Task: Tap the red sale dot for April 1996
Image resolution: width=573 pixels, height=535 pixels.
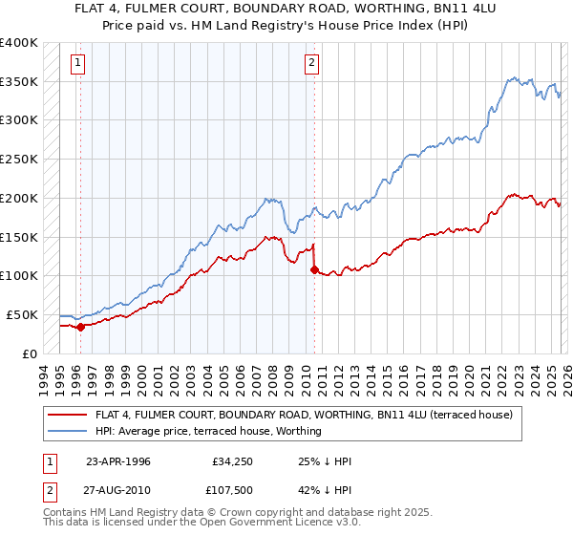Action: [80, 327]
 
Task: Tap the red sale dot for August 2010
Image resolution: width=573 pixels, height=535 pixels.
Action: [314, 269]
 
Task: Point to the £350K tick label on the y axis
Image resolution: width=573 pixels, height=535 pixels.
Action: [19, 81]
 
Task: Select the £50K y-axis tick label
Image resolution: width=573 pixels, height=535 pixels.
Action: [22, 314]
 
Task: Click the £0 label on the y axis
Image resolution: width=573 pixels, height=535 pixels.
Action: [31, 353]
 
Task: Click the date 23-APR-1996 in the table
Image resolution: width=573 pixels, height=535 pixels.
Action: [119, 462]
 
